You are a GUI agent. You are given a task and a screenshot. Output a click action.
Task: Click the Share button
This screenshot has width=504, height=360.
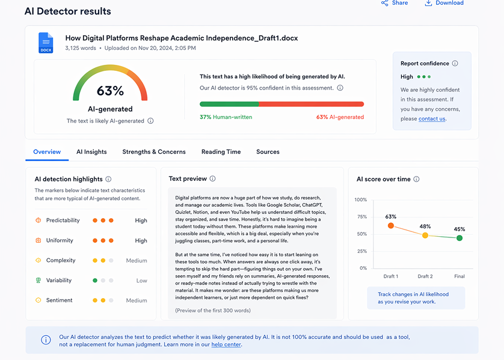[394, 3]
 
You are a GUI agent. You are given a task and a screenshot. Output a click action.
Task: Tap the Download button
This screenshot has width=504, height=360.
[444, 3]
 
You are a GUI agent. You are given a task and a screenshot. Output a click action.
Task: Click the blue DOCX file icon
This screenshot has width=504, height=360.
[46, 42]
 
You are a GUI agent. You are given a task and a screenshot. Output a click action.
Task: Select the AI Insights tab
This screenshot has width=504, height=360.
[91, 152]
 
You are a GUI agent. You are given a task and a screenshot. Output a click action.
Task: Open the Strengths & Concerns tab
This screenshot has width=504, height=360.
[154, 152]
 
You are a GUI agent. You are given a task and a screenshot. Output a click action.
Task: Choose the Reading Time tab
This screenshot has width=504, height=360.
[221, 152]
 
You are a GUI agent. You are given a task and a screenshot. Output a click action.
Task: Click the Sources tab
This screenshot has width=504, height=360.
[268, 152]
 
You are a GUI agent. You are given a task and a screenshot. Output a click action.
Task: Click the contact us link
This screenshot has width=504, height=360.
[432, 119]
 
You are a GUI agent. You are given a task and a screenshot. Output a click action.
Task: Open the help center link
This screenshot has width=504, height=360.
[227, 344]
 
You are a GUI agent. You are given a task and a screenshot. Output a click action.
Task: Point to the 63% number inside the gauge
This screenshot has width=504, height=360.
[110, 91]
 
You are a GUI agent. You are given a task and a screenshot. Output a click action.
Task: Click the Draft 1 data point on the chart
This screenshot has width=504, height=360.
[391, 226]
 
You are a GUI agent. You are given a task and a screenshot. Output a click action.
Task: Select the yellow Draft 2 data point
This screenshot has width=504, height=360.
[425, 235]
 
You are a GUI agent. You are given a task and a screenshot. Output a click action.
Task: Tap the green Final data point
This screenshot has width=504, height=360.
[459, 238]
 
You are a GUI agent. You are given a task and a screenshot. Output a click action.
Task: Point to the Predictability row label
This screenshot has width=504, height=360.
[63, 221]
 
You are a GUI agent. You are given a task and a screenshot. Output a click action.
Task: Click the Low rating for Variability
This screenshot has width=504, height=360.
[141, 281]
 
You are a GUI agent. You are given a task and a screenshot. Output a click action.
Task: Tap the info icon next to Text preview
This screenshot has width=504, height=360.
[212, 179]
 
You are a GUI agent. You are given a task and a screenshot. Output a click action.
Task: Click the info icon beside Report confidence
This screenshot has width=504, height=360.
[455, 64]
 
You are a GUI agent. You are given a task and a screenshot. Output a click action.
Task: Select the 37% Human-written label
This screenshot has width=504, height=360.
[226, 117]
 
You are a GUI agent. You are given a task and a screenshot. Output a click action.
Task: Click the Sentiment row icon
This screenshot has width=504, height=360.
[38, 300]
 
